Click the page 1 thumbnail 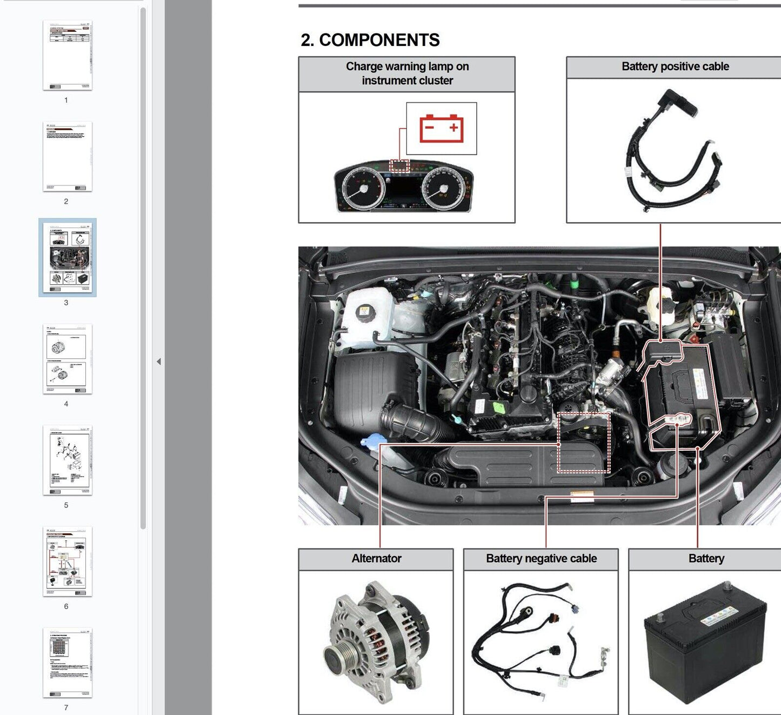coord(68,56)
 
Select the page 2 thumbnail coord(68,157)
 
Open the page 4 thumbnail coord(68,359)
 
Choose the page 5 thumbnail coord(68,460)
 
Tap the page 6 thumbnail coord(68,562)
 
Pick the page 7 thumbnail coord(68,663)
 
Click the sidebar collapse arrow coord(158,362)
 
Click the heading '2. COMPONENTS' coord(370,40)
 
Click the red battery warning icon coord(442,128)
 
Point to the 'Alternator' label coord(376,559)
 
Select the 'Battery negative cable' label coord(541,559)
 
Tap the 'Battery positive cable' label coord(675,66)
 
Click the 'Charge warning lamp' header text coord(407,73)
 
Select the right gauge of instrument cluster coord(444,188)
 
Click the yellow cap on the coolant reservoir coord(364,312)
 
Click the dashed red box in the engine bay coord(584,442)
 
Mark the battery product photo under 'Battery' coord(705,643)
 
